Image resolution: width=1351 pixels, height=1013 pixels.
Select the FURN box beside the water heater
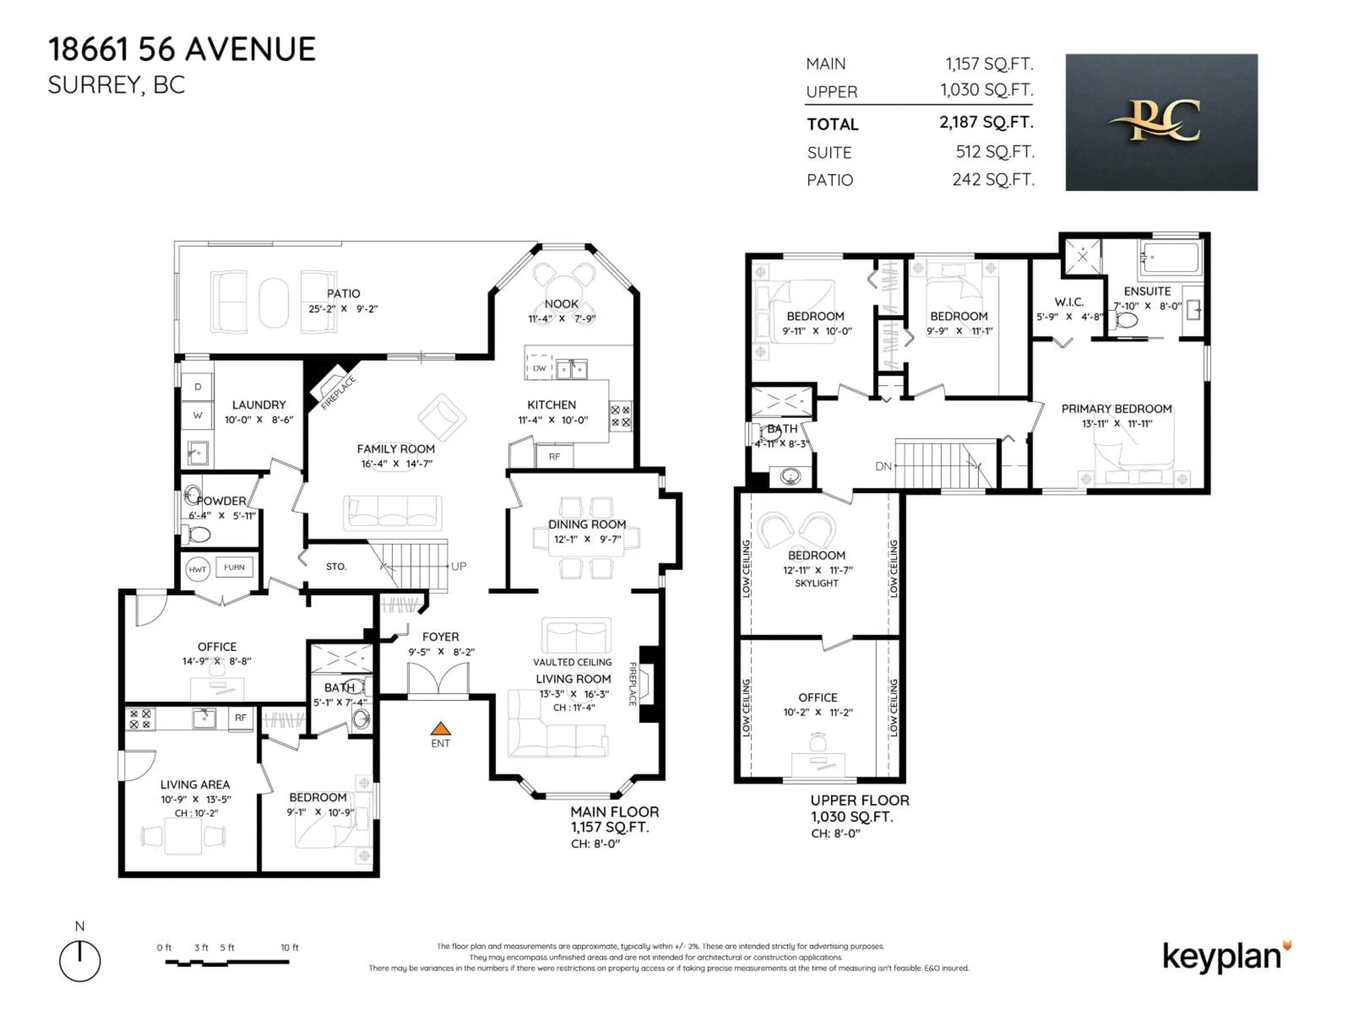point(234,567)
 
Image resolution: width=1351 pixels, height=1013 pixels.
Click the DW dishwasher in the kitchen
point(539,368)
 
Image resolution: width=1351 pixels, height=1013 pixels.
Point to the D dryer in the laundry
point(197,387)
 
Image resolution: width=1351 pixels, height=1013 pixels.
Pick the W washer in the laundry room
point(197,415)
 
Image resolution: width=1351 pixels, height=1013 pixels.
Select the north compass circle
point(80,961)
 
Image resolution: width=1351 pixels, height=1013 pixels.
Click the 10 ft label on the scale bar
point(290,947)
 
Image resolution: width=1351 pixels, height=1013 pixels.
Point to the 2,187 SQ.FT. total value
point(986,122)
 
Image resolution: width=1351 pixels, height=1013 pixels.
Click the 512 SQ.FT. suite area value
point(994,152)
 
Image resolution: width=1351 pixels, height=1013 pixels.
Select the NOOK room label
point(561,304)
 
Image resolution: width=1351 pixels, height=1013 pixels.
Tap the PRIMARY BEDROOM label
point(1116,408)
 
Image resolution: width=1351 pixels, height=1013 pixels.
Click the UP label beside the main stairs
point(459,566)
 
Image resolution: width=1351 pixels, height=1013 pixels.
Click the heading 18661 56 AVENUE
point(182,50)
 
